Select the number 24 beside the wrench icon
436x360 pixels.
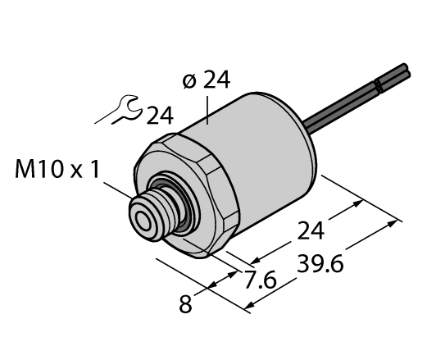(160, 115)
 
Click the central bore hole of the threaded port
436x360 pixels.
(145, 219)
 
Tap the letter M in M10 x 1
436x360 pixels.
(25, 171)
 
